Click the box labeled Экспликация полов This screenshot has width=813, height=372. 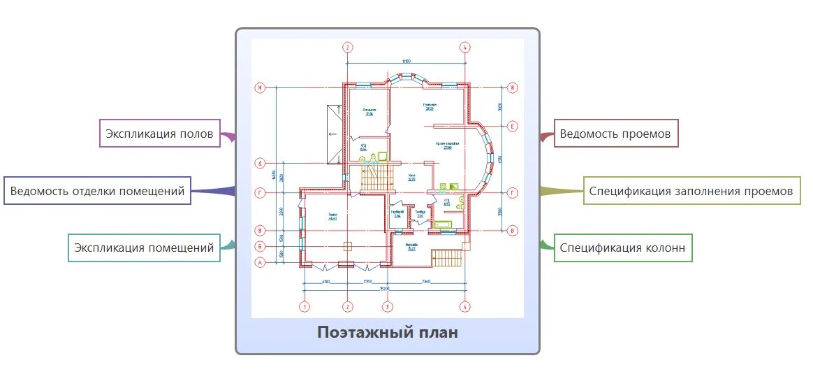pos(159,134)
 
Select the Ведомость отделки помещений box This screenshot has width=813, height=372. pos(97,191)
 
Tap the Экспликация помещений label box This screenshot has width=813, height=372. pos(145,248)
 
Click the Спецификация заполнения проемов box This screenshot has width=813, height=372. pos(691,191)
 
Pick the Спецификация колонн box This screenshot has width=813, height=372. pos(623,248)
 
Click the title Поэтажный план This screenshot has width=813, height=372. pos(388,332)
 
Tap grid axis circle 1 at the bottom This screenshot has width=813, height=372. pos(304,306)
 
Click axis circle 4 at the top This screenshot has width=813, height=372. pos(465,48)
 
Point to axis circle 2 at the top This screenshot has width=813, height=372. pos(347,48)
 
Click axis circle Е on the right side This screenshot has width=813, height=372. pos(513,127)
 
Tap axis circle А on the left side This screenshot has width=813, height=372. pos(260,263)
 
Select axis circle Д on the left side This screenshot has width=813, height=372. pos(260,165)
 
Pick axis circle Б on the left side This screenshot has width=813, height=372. pos(260,246)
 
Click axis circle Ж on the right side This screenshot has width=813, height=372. pos(513,88)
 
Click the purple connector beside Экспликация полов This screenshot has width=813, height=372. pos(228,136)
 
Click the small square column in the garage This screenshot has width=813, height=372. pos(347,245)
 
